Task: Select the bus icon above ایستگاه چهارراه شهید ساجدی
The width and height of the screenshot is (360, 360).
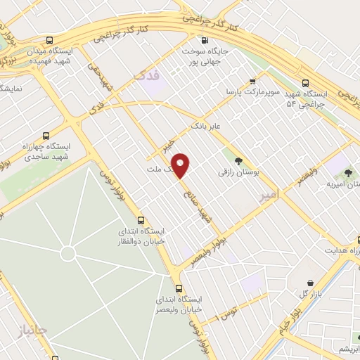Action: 46,136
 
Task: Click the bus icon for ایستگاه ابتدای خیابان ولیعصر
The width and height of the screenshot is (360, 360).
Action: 178,288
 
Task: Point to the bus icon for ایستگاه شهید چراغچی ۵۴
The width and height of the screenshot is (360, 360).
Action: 304,83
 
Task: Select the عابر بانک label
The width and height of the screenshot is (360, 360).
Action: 206,124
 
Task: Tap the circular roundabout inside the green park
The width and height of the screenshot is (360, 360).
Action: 67,252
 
